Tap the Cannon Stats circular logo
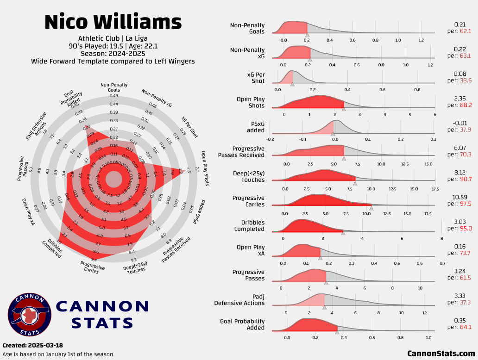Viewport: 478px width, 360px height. pos(29,315)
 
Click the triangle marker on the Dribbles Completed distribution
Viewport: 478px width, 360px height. pos(343,233)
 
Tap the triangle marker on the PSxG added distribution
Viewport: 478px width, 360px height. pos(333,134)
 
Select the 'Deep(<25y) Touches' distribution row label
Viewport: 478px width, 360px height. pos(249,176)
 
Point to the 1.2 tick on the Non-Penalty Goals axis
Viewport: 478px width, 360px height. pos(421,40)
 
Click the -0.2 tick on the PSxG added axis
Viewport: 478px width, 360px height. pos(270,139)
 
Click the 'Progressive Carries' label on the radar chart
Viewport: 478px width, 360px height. pos(92,267)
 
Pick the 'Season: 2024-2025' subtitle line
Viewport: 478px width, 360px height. pos(113,53)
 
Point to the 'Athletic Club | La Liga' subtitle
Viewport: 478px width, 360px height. pos(113,38)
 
